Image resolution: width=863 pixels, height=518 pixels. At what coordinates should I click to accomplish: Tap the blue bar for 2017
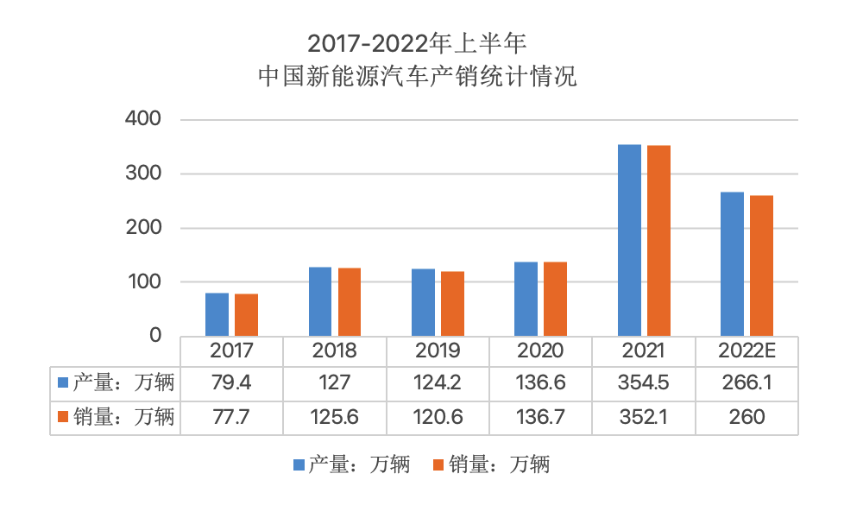coord(217,314)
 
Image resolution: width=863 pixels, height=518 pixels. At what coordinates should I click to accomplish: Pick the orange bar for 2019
coord(452,304)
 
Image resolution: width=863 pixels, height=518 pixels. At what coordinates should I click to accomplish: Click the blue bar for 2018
coord(320,301)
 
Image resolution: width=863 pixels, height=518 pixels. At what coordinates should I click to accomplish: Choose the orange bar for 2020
coord(555,299)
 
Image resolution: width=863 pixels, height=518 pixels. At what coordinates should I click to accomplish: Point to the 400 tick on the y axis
coord(143,119)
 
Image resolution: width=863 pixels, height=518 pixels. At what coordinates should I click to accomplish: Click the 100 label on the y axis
coord(143,281)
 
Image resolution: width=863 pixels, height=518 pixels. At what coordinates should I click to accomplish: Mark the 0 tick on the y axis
coord(155,336)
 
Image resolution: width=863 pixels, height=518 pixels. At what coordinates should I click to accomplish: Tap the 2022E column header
coord(746,351)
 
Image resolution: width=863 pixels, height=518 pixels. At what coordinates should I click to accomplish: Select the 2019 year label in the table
coord(438,351)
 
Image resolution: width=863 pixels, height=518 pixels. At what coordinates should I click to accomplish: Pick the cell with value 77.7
coord(231,417)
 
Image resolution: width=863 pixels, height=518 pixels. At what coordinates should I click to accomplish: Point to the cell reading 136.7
coord(540,417)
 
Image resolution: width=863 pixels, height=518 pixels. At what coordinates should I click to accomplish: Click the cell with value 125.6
coord(335,417)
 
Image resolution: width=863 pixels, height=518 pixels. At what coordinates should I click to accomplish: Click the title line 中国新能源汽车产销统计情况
coord(418,76)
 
